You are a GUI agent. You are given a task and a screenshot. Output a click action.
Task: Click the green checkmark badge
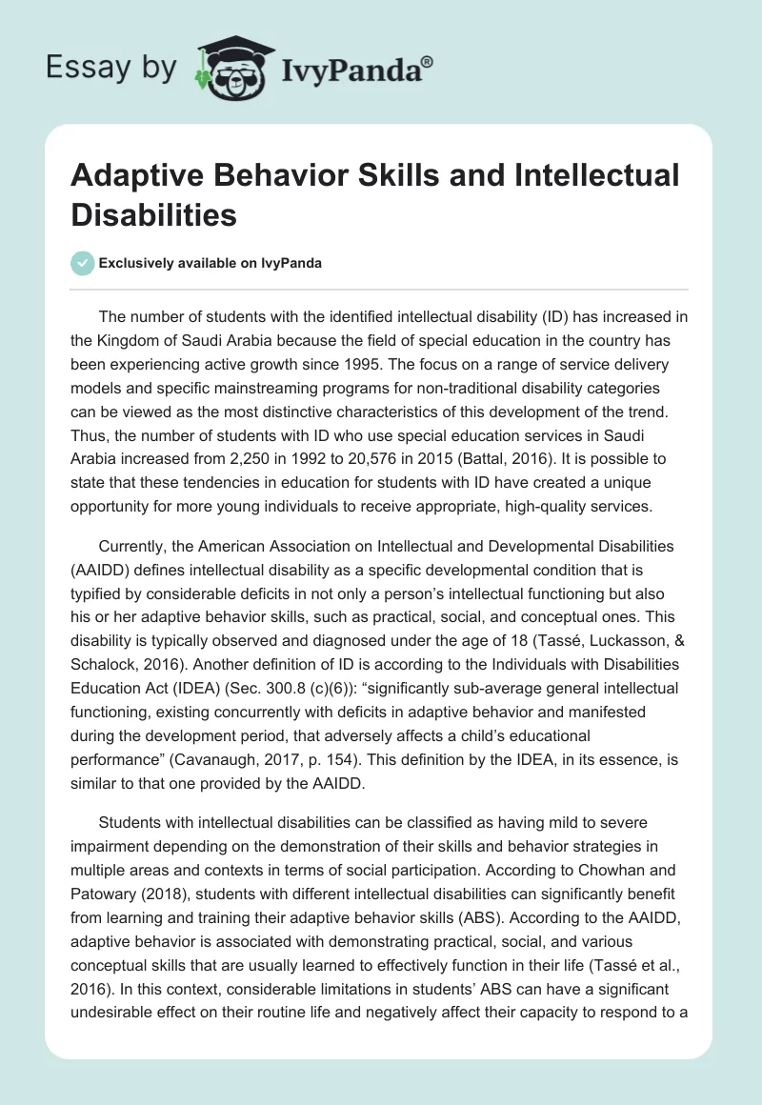82,263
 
